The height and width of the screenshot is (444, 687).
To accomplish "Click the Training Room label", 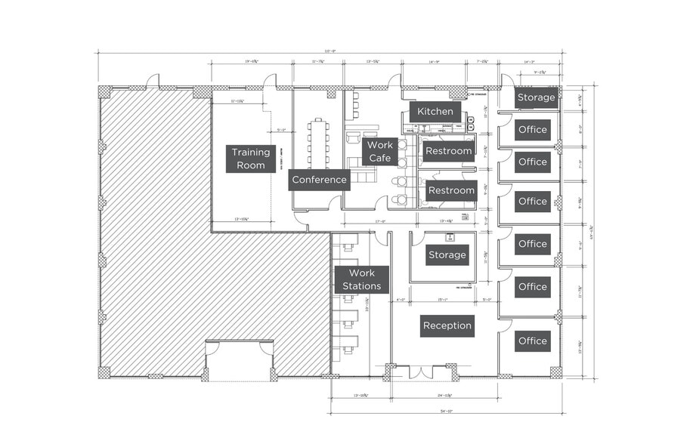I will tap(251, 159).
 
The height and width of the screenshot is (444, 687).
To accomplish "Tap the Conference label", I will tap(320, 180).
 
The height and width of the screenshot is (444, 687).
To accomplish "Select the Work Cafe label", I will tap(379, 152).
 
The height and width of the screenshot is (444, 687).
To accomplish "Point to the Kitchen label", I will tap(435, 112).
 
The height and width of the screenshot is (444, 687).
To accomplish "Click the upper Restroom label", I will tap(449, 151).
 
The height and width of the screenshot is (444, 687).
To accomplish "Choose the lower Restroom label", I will tap(451, 191).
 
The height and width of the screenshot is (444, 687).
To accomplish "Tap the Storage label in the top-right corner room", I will tap(537, 97).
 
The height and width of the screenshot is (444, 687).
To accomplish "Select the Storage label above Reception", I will tap(447, 255).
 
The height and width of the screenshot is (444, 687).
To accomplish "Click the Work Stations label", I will tap(361, 279).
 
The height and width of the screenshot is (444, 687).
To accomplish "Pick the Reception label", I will tap(447, 326).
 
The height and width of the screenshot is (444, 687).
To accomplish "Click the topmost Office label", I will tap(533, 130).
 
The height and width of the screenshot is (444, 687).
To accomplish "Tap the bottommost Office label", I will tap(533, 341).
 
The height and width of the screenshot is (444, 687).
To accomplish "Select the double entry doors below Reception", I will tap(421, 372).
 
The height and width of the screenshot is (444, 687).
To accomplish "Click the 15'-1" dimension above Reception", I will tap(444, 300).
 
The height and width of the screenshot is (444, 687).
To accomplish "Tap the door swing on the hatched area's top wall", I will tap(153, 80).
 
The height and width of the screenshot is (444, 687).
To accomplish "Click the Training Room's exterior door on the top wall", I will tap(270, 81).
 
